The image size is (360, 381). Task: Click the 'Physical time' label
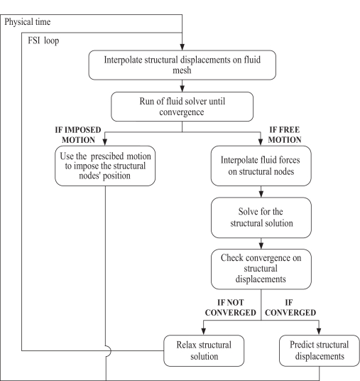click(28, 22)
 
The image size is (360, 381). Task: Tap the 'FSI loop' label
click(43, 41)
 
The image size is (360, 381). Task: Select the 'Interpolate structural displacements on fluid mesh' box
click(182, 65)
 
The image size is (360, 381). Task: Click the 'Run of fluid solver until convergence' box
click(182, 107)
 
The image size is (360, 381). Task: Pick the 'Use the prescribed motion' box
click(105, 166)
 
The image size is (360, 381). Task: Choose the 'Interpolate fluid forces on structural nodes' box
click(261, 166)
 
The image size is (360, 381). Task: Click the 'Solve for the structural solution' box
click(261, 218)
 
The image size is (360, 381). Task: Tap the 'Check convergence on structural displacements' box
click(261, 269)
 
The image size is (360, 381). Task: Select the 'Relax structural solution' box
click(204, 350)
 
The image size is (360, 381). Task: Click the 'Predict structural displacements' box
click(320, 350)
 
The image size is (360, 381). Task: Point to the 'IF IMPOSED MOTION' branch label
click(78, 135)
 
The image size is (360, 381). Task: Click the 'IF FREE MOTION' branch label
click(285, 135)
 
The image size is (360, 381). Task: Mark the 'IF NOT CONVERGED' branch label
click(230, 307)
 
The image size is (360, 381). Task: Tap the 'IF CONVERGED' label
click(290, 307)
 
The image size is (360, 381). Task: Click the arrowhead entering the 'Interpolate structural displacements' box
click(182, 47)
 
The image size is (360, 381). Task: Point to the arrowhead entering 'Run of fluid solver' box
click(182, 89)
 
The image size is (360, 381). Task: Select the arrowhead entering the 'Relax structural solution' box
click(204, 332)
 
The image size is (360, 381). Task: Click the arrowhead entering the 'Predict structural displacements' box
click(319, 332)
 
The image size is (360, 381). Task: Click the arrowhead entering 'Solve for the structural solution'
click(261, 194)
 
